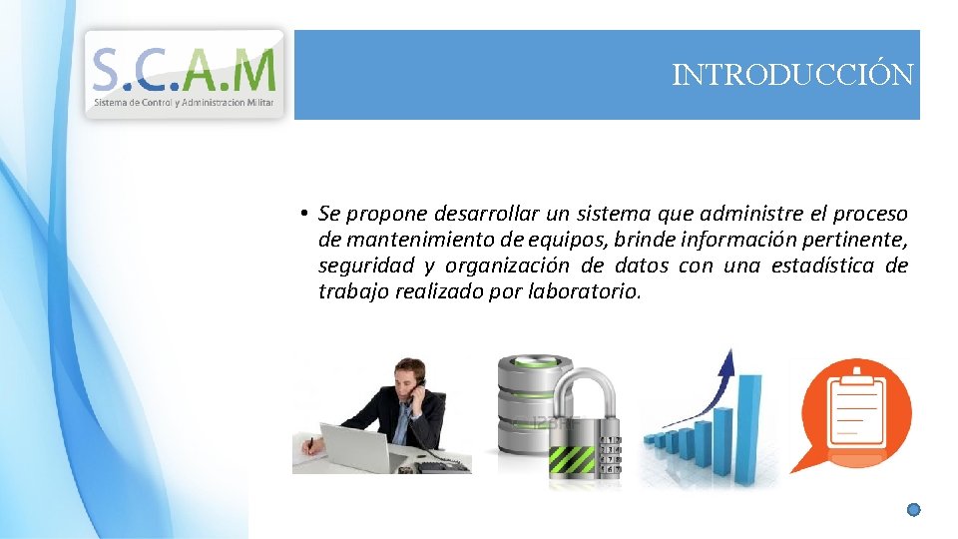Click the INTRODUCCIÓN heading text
point(792,75)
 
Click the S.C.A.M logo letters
point(185,69)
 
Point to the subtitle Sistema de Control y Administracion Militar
point(185,103)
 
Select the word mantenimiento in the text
point(409,240)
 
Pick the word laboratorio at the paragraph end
point(588,291)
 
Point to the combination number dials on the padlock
point(610,454)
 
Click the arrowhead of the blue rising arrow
point(729,361)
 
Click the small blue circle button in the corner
point(913,510)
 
